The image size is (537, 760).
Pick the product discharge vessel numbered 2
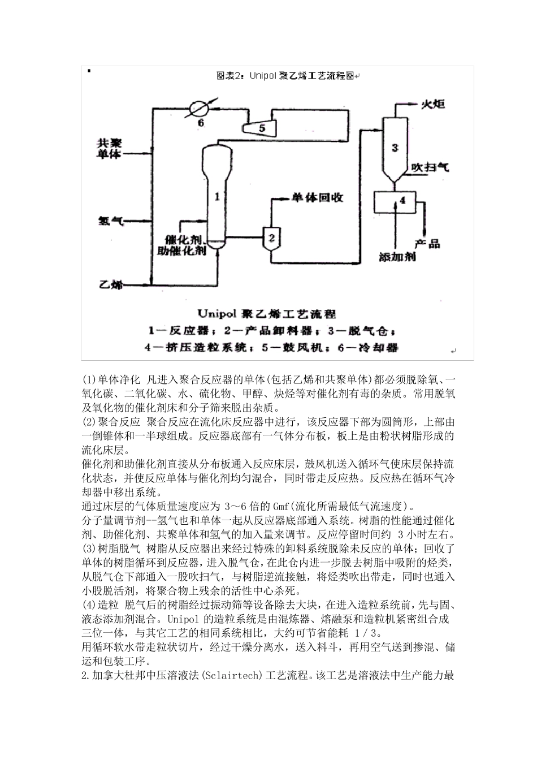(271, 237)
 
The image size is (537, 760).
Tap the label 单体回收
(317, 198)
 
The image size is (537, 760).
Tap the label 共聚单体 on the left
(109, 149)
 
